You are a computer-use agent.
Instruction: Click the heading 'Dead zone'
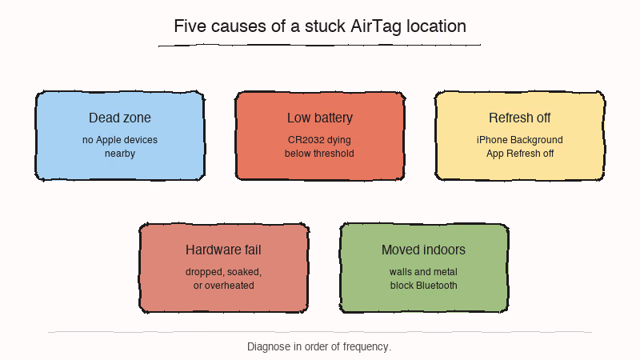120,118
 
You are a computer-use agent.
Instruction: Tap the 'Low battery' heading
320,118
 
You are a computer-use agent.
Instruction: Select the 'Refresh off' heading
520,118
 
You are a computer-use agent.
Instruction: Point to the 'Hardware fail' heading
224,250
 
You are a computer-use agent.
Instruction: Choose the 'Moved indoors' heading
424,250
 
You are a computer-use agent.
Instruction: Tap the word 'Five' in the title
190,26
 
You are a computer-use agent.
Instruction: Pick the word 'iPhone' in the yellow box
492,140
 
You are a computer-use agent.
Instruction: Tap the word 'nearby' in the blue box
120,154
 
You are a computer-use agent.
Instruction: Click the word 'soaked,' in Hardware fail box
244,272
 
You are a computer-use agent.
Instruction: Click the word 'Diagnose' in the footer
269,347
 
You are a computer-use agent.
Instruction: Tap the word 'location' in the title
437,26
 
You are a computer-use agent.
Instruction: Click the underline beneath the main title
320,46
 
